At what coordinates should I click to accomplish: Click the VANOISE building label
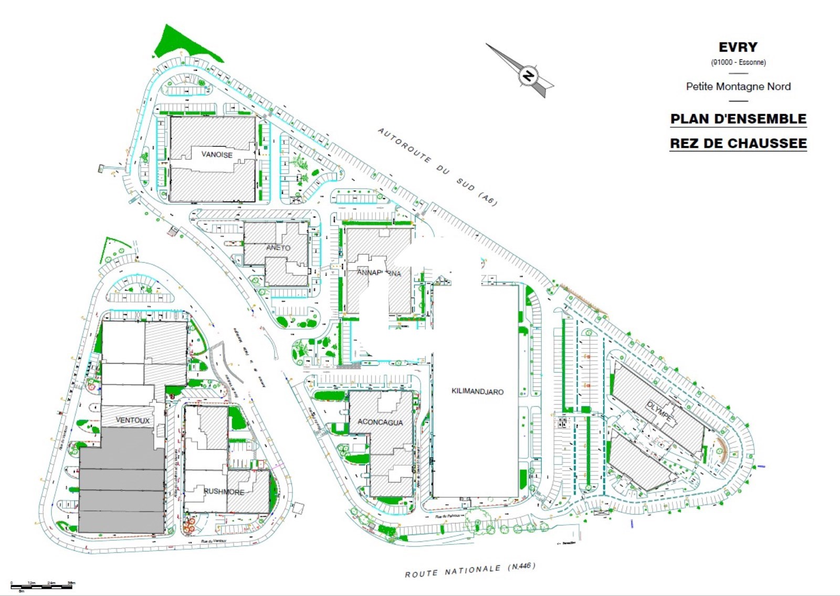pyautogui.click(x=217, y=155)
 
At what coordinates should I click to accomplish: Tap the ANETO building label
pyautogui.click(x=278, y=248)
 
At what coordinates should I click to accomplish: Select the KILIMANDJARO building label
pyautogui.click(x=477, y=392)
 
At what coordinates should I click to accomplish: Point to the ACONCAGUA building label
pyautogui.click(x=380, y=422)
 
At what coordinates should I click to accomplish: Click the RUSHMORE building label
pyautogui.click(x=224, y=492)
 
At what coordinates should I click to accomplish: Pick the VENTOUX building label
pyautogui.click(x=132, y=420)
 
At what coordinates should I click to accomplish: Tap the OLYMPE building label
pyautogui.click(x=660, y=410)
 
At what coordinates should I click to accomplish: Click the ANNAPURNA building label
pyautogui.click(x=379, y=273)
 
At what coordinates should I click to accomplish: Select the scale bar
pyautogui.click(x=41, y=586)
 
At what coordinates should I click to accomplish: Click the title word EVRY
pyautogui.click(x=738, y=47)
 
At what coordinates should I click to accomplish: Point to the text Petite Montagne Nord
pyautogui.click(x=738, y=86)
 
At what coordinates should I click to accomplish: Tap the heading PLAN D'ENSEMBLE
pyautogui.click(x=738, y=119)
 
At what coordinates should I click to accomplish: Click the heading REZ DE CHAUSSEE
pyautogui.click(x=738, y=143)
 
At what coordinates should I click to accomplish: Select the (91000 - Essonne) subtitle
pyautogui.click(x=738, y=62)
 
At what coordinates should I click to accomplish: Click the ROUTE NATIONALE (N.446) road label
pyautogui.click(x=470, y=570)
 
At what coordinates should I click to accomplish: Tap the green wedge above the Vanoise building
pyautogui.click(x=181, y=45)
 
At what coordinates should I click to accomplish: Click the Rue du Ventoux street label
pyautogui.click(x=213, y=541)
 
